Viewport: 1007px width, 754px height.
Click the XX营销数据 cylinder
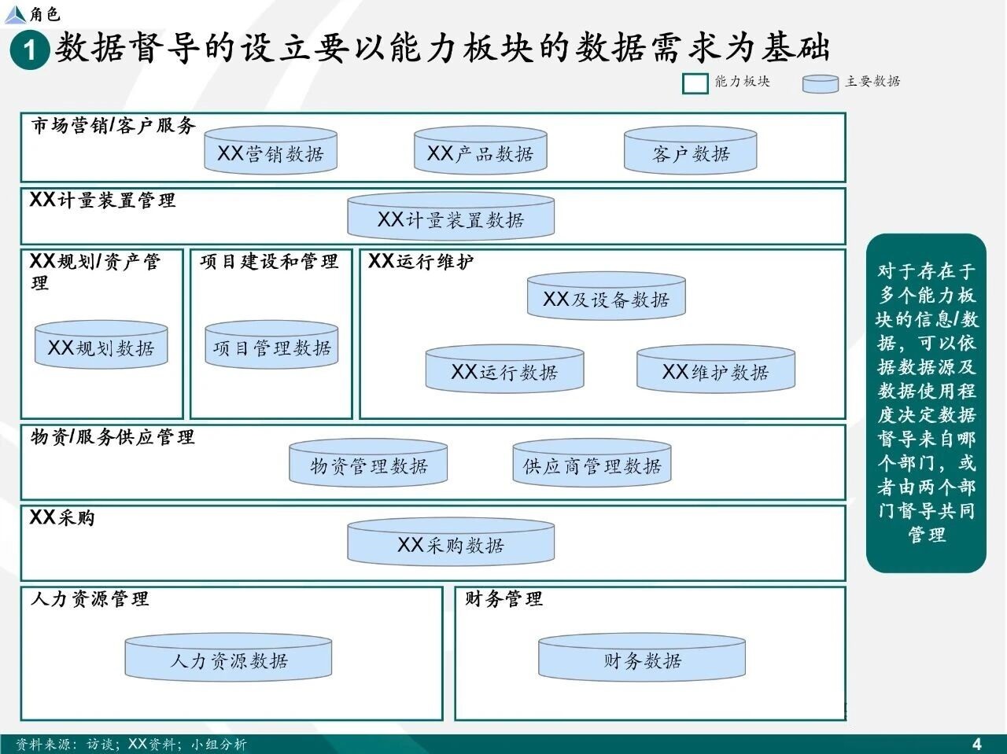tap(271, 151)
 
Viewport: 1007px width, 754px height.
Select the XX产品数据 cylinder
tap(481, 151)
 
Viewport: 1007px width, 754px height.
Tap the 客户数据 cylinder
tap(691, 151)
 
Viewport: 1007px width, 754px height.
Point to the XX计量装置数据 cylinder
tap(451, 216)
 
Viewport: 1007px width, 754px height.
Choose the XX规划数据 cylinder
tap(101, 344)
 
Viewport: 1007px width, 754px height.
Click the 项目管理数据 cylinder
tap(271, 344)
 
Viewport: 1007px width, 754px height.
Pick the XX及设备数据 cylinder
tap(607, 296)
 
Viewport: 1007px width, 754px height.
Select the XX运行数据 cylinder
tap(504, 369)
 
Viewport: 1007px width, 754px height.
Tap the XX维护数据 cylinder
tap(716, 369)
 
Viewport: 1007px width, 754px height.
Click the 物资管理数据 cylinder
tap(368, 463)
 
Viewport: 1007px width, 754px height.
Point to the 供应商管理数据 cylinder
tap(592, 463)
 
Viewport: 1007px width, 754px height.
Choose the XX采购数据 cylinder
tap(451, 542)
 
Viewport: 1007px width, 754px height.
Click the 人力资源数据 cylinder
tap(228, 657)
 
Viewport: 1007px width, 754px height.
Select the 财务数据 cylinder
tap(642, 657)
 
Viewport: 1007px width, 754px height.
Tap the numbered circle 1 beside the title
tap(30, 50)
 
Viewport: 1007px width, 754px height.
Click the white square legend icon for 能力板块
tap(695, 83)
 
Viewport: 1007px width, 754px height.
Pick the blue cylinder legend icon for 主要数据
tap(821, 84)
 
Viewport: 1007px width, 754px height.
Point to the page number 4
tap(977, 744)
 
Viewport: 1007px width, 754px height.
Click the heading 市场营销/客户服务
tap(113, 126)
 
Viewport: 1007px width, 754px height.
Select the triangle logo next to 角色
tap(15, 14)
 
